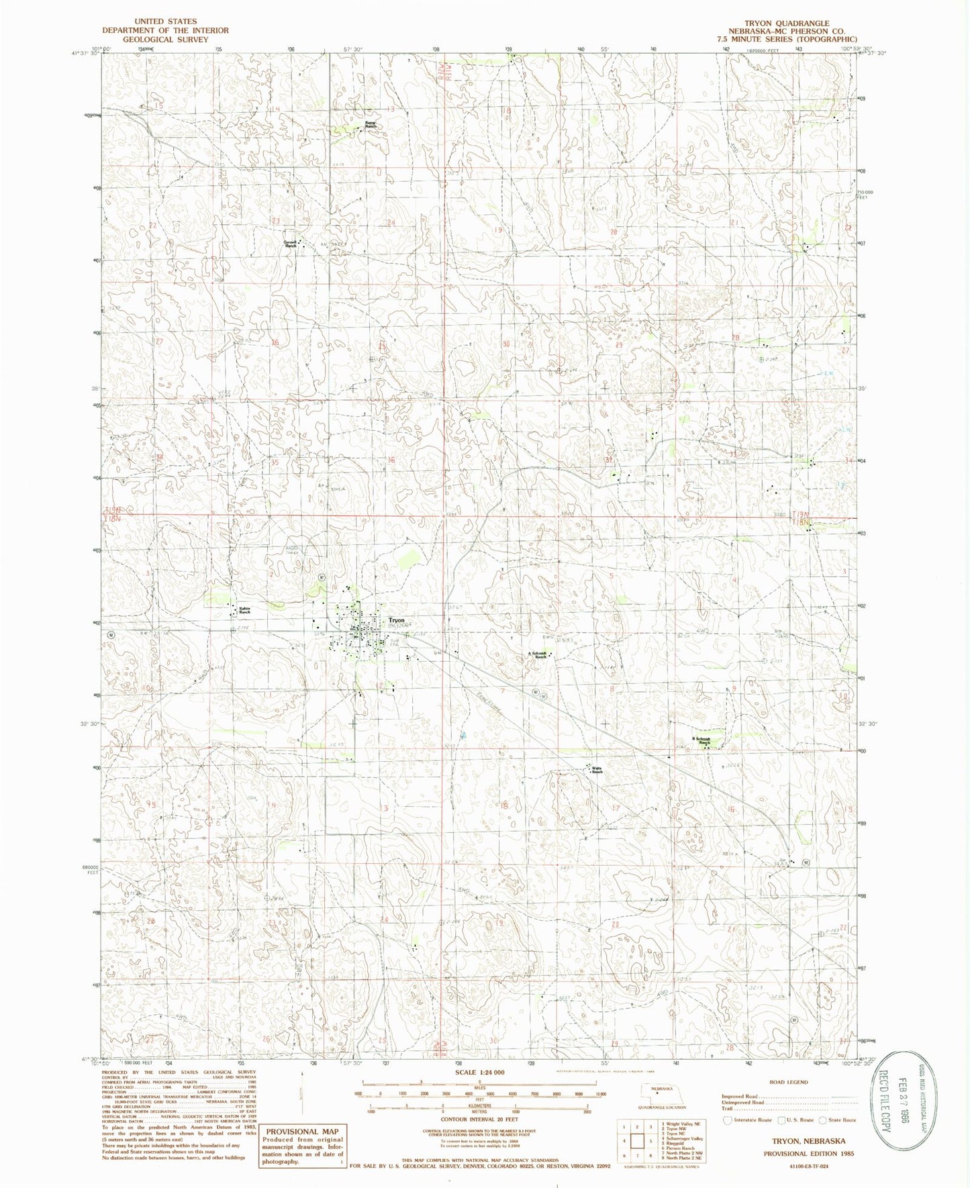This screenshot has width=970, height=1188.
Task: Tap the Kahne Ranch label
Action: click(x=245, y=610)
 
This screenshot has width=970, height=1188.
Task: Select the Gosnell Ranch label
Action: click(x=289, y=244)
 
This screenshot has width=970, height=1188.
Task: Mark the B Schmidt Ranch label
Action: click(x=695, y=740)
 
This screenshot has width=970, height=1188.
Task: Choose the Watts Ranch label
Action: click(x=596, y=770)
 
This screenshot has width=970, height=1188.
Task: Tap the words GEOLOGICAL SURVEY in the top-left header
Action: click(x=165, y=40)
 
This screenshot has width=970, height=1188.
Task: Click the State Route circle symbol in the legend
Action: click(x=822, y=1120)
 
